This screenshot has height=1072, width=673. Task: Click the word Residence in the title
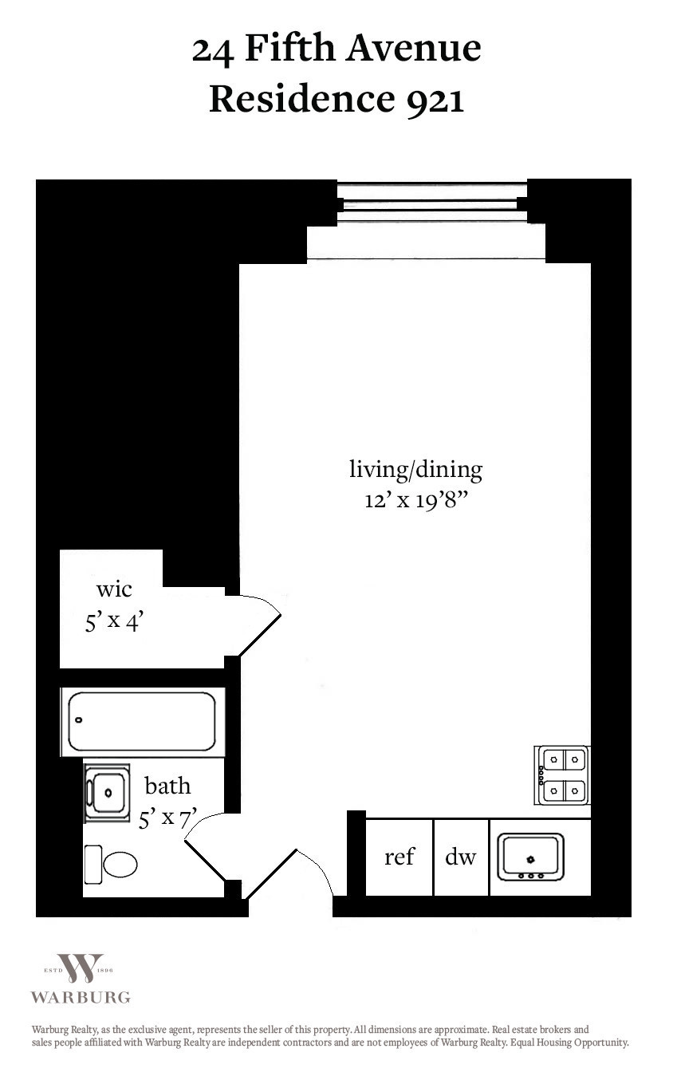coord(302,99)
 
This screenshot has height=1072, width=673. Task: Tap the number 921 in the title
coord(435,100)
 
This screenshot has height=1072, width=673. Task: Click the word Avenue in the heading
coord(413,49)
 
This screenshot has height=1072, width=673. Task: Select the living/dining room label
coord(415,471)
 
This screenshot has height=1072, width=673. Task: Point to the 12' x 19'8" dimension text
coord(415,501)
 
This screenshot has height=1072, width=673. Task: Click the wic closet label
coord(114,589)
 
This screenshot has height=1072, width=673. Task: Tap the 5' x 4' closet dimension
coord(114,621)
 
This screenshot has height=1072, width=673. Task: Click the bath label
coord(167,786)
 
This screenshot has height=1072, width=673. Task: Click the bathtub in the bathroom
coord(142,722)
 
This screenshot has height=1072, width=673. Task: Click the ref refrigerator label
coord(399,857)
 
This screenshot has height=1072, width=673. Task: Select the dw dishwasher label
coord(461,857)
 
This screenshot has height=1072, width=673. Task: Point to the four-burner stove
coord(562,775)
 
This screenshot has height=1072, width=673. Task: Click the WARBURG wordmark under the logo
coord(81,997)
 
